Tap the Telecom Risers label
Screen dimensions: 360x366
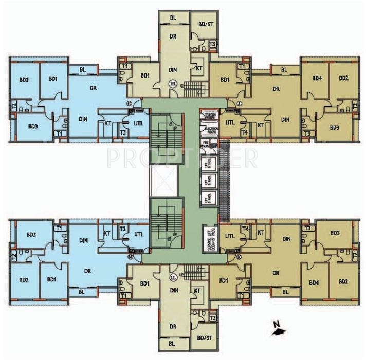pos(211,117)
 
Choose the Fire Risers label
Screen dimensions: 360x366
pos(205,145)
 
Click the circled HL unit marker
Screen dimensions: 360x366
pos(174,83)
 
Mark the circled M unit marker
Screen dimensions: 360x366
pos(131,255)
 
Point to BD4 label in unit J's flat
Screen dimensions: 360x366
pos(317,78)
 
